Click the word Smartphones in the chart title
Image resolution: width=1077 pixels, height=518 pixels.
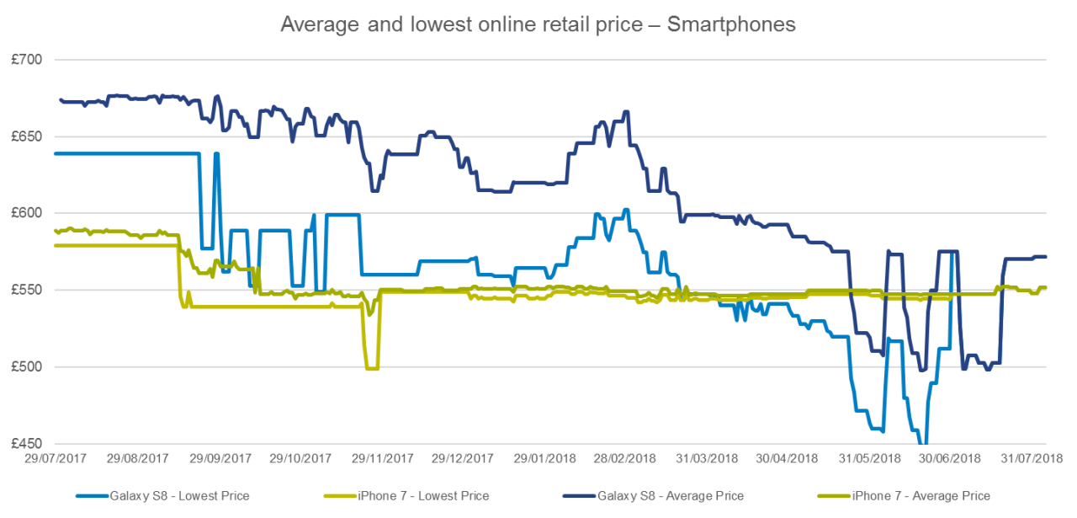tap(731, 24)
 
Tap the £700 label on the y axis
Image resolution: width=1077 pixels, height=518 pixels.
tap(27, 60)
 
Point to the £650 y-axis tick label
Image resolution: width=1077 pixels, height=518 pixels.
tap(27, 136)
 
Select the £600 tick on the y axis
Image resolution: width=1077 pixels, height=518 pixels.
tap(27, 213)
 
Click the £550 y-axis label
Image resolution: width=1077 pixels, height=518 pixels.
tap(27, 290)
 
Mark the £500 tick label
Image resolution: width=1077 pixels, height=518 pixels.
tap(27, 366)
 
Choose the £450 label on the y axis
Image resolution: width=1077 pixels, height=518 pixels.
tap(27, 443)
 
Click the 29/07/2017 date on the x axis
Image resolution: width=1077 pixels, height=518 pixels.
tap(56, 458)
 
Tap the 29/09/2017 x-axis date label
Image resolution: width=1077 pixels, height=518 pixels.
tap(220, 458)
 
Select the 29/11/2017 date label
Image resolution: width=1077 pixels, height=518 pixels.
tap(382, 458)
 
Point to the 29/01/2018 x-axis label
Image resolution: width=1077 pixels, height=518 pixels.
tap(544, 458)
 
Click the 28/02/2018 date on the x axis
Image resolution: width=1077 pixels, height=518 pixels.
tap(624, 458)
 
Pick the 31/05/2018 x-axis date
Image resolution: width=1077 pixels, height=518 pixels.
tap(869, 458)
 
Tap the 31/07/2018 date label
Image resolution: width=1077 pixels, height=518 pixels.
tap(1032, 458)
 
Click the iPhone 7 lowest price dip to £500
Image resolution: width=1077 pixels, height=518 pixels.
tap(372, 368)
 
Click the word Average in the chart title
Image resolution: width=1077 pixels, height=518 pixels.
tap(320, 24)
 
